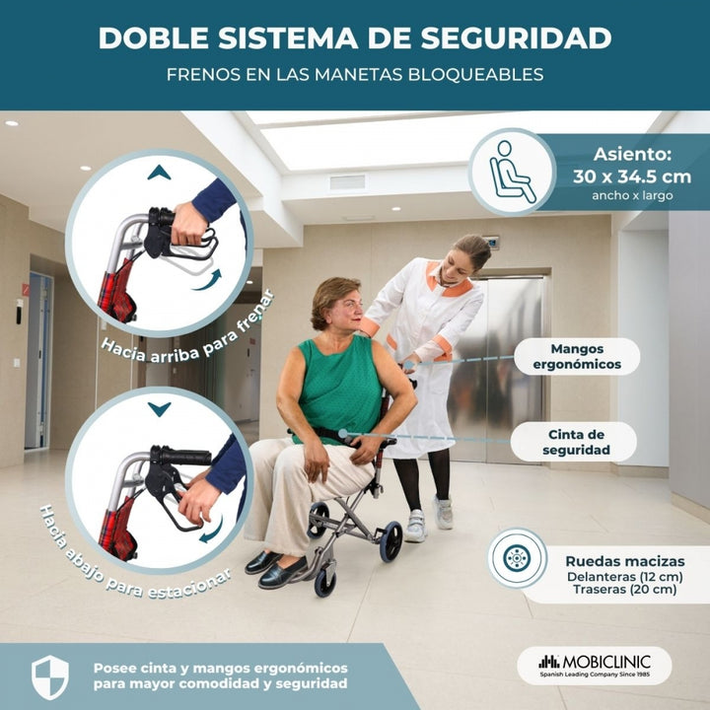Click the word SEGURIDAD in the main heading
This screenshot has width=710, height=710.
click(x=516, y=38)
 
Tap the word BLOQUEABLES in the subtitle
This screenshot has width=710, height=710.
click(x=475, y=75)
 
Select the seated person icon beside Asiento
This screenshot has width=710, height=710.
click(x=512, y=172)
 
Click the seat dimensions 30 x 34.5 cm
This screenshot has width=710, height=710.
click(x=632, y=177)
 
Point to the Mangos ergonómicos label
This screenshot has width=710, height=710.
click(x=577, y=357)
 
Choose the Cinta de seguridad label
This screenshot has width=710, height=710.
click(x=576, y=442)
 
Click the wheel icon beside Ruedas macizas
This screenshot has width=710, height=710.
click(x=517, y=558)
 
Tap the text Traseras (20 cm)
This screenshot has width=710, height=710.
click(x=625, y=590)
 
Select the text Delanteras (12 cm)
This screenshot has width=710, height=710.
click(x=625, y=577)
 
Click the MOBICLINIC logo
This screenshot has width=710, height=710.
click(x=595, y=666)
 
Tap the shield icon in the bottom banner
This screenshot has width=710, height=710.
click(x=50, y=677)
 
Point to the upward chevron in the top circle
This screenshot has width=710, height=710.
click(x=159, y=173)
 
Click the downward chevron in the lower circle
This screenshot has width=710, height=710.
click(x=159, y=409)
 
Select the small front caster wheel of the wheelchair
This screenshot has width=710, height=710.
click(x=325, y=583)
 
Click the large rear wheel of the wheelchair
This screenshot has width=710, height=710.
click(x=390, y=541)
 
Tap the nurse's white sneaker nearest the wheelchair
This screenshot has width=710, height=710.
click(x=415, y=527)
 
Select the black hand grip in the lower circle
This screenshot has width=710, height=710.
click(x=180, y=456)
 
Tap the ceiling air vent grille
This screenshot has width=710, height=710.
click(x=347, y=182)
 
